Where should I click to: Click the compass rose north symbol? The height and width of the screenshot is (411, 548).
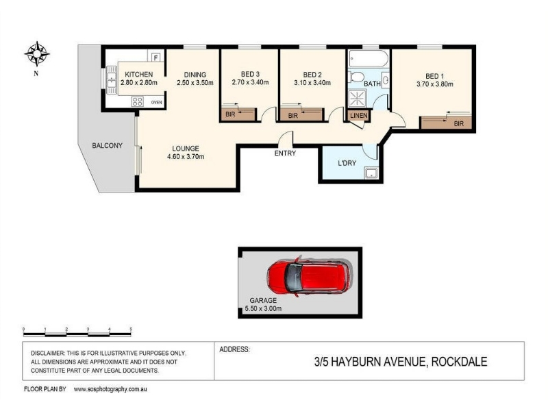tap(37, 54)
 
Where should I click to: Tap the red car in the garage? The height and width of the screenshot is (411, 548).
tap(310, 277)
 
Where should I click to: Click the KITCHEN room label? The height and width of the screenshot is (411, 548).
tap(139, 75)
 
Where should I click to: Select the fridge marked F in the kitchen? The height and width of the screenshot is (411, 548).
tap(156, 56)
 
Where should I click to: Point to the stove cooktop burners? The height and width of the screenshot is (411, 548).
tap(137, 101)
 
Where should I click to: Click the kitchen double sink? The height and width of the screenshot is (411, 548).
tap(112, 80)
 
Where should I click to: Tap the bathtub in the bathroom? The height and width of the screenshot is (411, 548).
tap(369, 59)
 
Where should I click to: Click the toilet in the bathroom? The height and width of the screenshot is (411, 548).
tap(356, 77)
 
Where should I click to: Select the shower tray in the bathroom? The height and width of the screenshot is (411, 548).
tap(357, 98)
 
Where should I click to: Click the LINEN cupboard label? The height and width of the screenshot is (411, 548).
tap(358, 115)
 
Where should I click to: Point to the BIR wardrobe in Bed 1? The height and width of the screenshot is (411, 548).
tap(446, 123)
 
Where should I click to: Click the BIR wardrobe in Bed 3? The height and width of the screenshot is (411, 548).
tap(238, 114)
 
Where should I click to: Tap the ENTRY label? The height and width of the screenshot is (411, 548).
tap(285, 153)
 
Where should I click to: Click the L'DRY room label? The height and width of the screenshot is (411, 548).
tap(347, 163)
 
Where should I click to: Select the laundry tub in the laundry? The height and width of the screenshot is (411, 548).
tap(371, 173)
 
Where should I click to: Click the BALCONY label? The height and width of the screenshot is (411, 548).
tap(107, 145)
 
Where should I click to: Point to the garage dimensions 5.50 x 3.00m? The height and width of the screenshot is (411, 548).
tap(263, 309)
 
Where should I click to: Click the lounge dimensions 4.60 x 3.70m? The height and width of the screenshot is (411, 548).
tap(186, 157)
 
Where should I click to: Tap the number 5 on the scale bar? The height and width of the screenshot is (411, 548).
tap(131, 329)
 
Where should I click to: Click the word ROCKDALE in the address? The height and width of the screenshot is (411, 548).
tap(459, 362)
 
